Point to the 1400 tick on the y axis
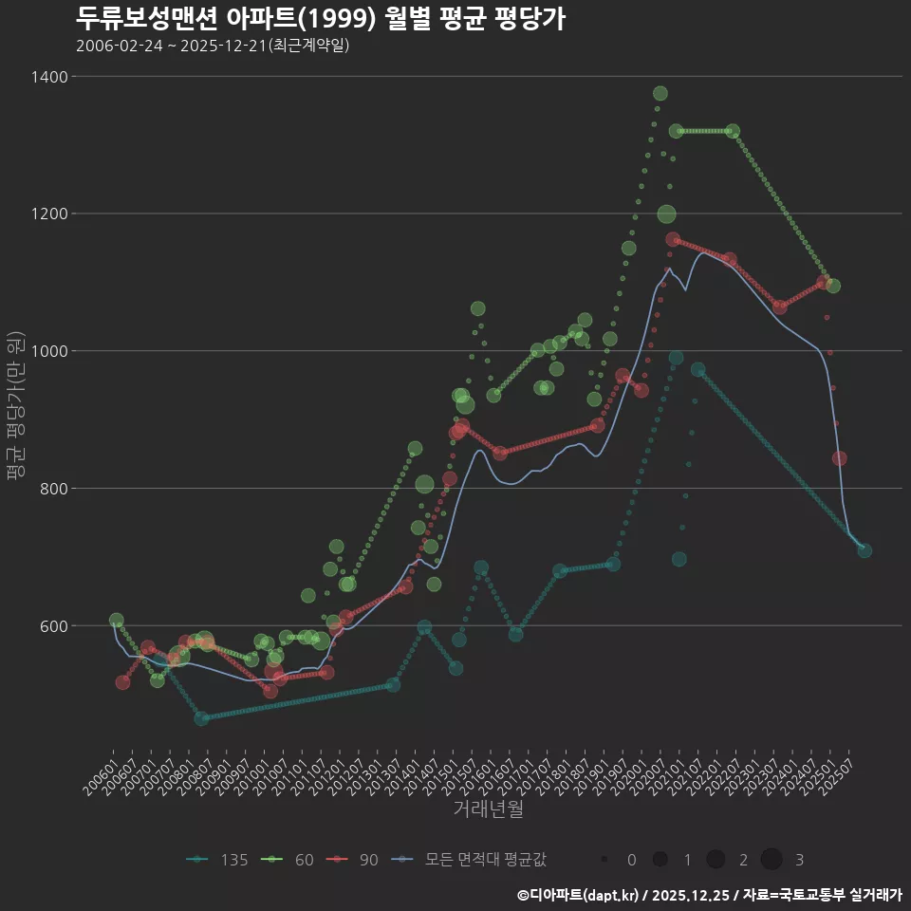pos(47,77)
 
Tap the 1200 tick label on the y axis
pos(47,214)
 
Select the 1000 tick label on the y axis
pos(47,351)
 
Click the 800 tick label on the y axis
pos(51,489)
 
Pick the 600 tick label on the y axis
pos(51,626)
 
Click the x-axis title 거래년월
pos(488,809)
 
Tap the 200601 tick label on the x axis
pos(101,775)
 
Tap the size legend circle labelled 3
pos(771,860)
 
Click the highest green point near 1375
pos(660,93)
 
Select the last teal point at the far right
pos(865,550)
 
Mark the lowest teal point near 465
pos(201,718)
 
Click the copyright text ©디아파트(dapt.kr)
pos(579,895)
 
